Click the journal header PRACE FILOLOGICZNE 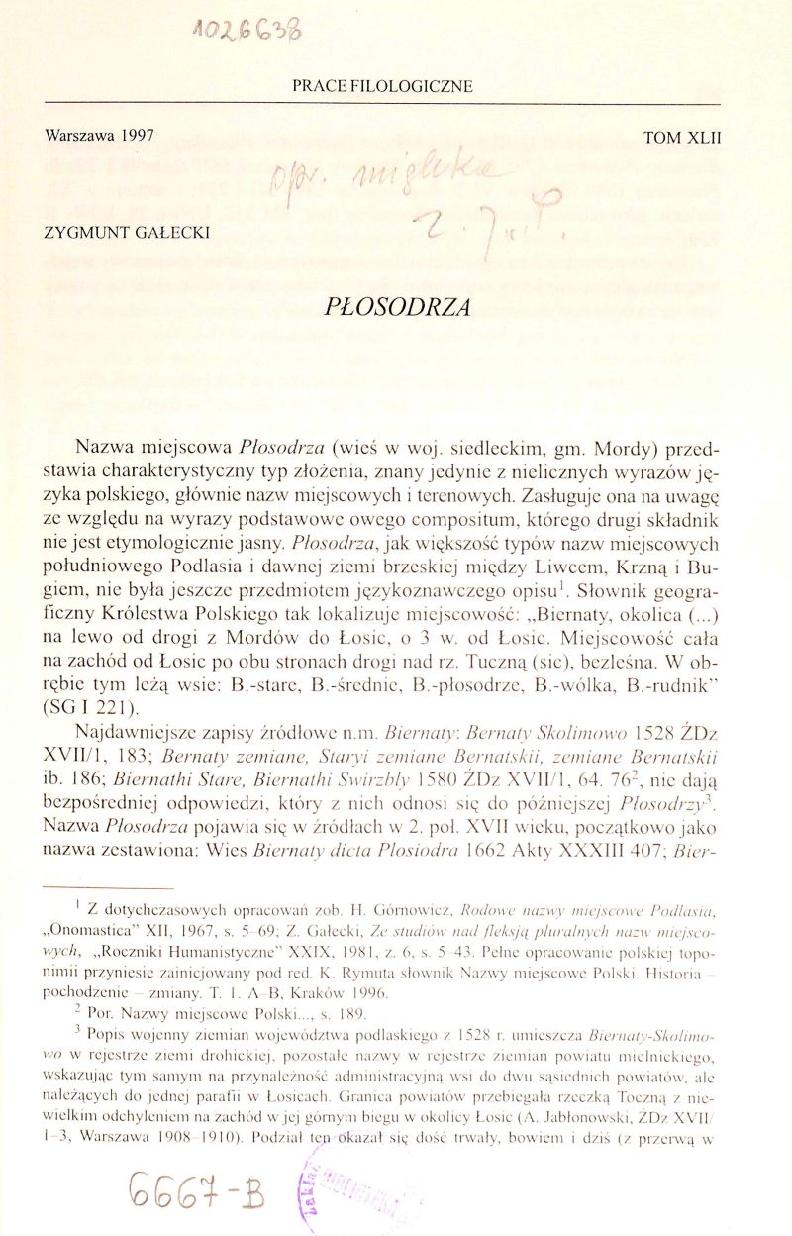click(x=382, y=86)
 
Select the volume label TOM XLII click(x=680, y=140)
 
